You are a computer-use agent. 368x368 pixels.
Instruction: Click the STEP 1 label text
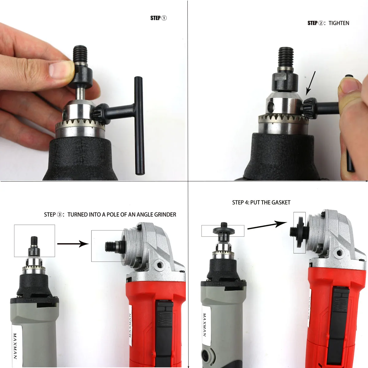158,18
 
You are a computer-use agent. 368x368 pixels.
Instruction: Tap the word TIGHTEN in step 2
339,23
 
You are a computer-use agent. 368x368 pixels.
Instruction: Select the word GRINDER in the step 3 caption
165,215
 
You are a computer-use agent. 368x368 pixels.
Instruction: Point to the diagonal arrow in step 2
311,83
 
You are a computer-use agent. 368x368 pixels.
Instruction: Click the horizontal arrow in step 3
73,244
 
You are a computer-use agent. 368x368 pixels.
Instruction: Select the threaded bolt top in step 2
286,57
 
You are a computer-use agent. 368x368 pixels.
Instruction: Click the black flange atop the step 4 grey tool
224,230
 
